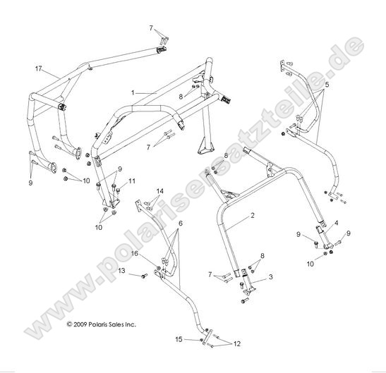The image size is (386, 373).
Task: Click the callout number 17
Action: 38,69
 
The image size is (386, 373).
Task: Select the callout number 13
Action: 122,270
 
